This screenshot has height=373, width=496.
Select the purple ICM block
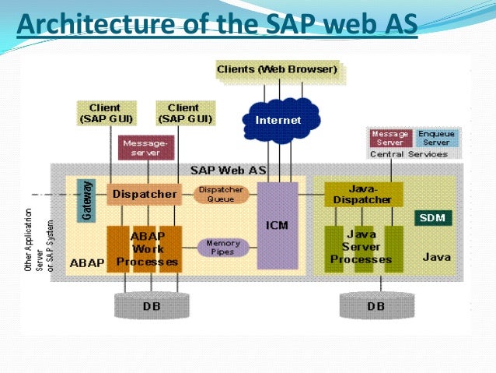[x=277, y=225]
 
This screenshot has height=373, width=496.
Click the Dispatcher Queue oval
[x=221, y=194]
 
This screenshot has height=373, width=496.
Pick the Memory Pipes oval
[x=223, y=248]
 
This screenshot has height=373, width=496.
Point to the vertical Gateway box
[x=86, y=199]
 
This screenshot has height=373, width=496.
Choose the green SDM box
[x=431, y=218]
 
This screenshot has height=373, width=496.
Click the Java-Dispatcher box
[x=364, y=194]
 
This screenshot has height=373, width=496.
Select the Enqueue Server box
[x=436, y=139]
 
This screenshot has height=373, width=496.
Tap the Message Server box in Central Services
[x=390, y=139]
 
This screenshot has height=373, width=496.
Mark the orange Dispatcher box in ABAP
[x=144, y=194]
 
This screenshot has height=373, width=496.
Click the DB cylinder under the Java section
[x=375, y=305]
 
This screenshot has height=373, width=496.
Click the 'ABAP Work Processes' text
[x=146, y=248]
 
